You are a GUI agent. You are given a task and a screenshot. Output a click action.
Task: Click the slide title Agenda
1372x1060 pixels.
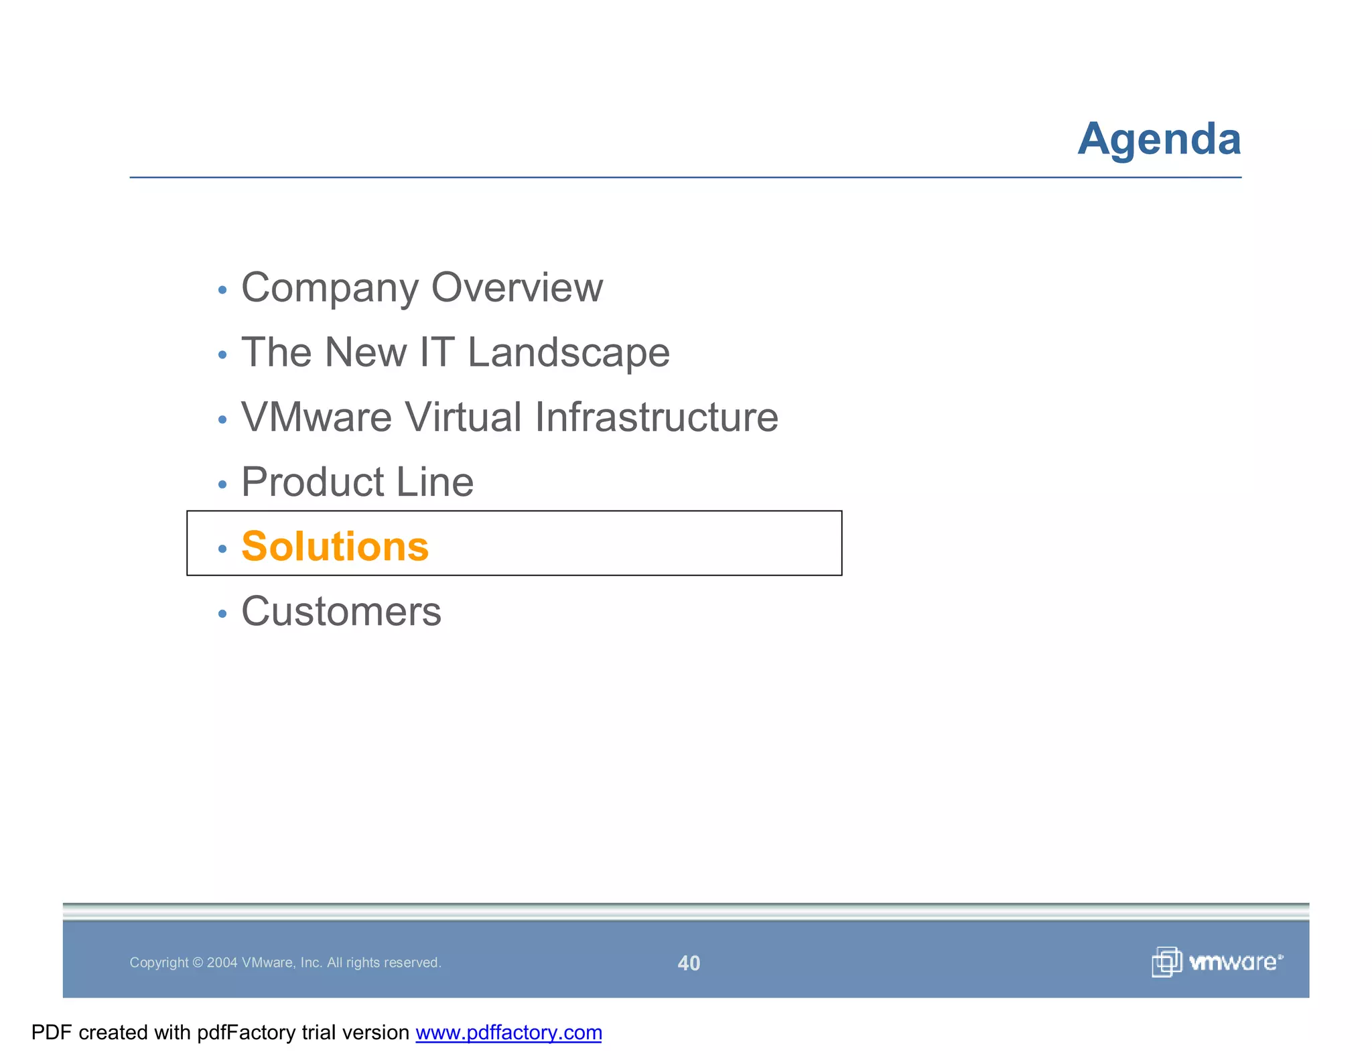tap(1159, 139)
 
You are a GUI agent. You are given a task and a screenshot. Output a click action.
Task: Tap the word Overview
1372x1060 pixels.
tap(517, 288)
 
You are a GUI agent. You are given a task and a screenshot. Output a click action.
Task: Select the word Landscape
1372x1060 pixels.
tap(568, 352)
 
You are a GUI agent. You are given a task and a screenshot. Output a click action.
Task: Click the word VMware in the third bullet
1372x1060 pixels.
tap(316, 417)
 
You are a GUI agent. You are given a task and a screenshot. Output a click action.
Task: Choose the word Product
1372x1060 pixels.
tap(313, 482)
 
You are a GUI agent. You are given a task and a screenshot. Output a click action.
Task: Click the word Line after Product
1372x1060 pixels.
tap(435, 482)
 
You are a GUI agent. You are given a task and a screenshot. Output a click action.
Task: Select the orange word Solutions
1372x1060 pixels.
tap(335, 547)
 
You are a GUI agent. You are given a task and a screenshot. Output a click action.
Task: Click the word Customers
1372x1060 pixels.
tap(341, 612)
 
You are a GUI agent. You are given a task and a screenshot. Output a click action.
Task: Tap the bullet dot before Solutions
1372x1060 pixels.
tap(222, 549)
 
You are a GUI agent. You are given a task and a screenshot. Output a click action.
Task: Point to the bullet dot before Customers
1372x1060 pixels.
tap(222, 614)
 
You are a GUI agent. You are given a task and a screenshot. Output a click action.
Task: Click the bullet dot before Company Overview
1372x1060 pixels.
tap(222, 290)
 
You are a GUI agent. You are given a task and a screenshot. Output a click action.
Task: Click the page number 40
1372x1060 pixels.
tap(689, 963)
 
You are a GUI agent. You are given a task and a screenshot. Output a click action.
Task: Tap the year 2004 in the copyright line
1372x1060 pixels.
tap(222, 963)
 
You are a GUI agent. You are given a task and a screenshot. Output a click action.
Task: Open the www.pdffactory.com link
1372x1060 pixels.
tap(508, 1033)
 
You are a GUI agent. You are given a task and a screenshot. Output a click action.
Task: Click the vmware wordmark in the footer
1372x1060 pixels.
tap(1235, 962)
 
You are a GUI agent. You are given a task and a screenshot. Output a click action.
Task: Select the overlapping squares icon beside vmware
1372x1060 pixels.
tap(1166, 962)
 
